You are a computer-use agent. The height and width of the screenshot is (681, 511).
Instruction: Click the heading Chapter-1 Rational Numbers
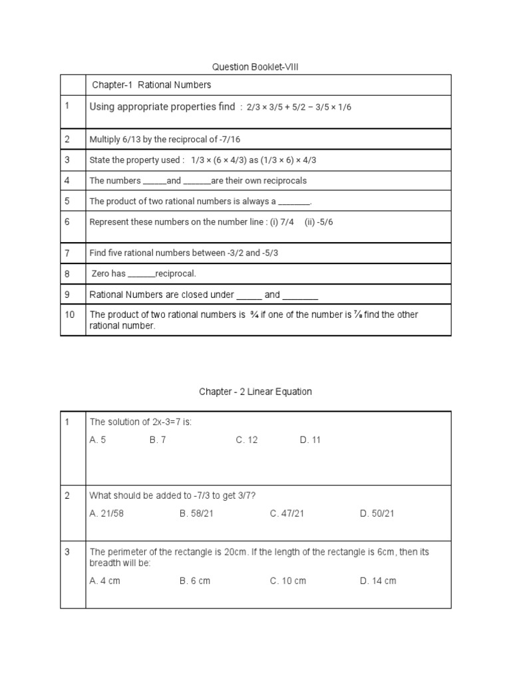[151, 85]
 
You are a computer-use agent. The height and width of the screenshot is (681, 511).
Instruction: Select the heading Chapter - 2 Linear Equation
[255, 392]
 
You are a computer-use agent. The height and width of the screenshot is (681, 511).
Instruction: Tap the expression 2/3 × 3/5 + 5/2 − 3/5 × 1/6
[299, 107]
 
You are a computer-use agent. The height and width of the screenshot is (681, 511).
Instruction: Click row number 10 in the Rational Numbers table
[70, 315]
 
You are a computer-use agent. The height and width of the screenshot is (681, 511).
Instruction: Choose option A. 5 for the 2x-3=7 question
[98, 440]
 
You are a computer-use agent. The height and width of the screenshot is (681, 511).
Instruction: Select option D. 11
[310, 440]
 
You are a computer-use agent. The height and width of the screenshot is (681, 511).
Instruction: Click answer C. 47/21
[287, 513]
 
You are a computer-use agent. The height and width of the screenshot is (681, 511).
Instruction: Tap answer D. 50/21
[377, 513]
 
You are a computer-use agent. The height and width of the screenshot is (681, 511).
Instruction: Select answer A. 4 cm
[104, 581]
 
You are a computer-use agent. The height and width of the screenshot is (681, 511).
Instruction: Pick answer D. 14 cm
[378, 581]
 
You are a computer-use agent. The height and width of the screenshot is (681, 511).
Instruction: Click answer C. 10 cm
[288, 581]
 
